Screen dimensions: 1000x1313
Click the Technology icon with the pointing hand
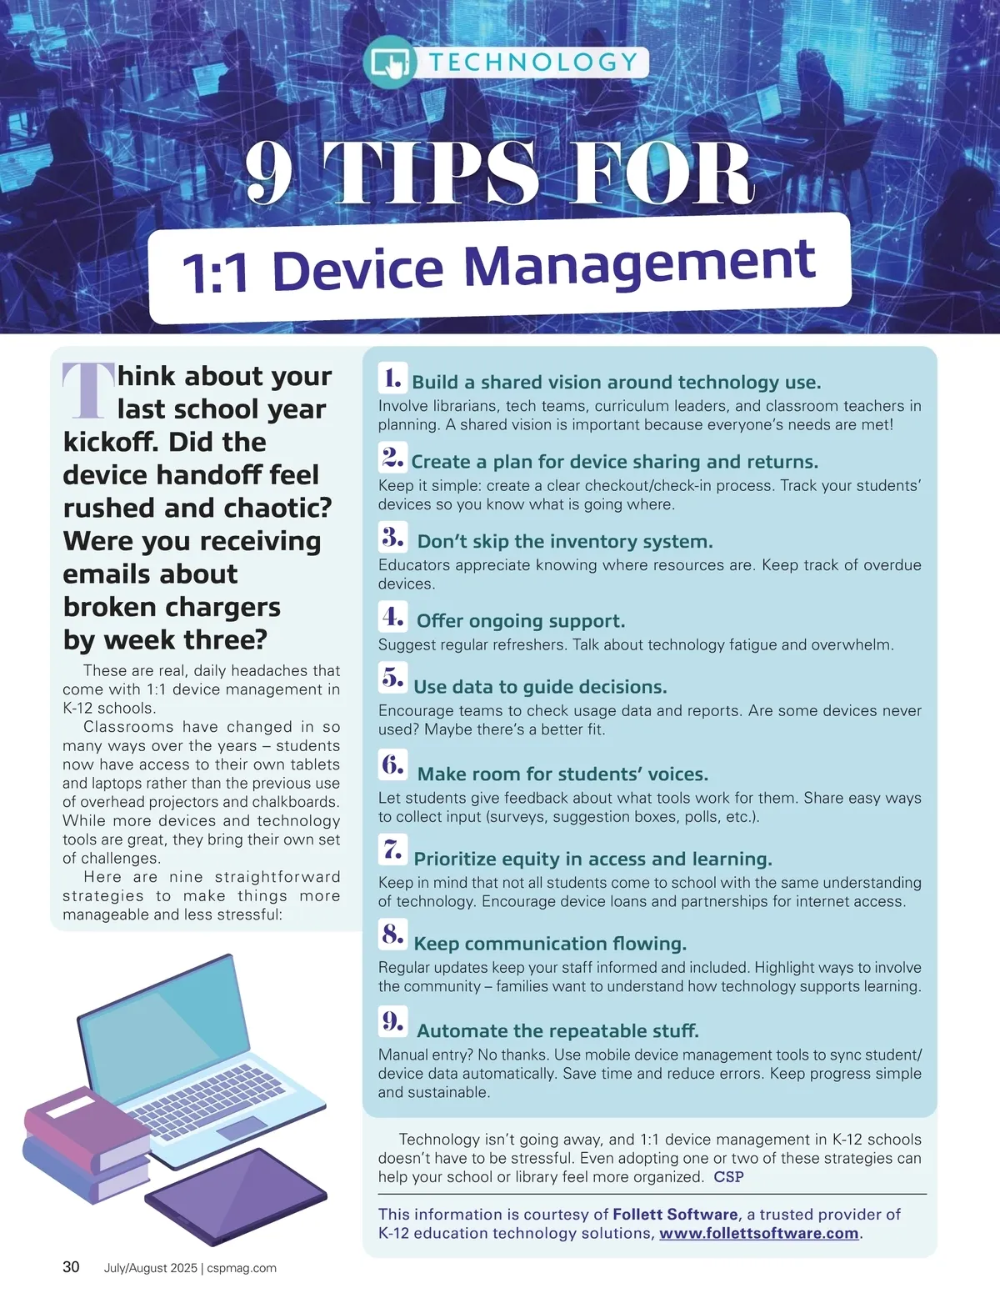(x=389, y=63)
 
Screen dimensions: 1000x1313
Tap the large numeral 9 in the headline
(x=269, y=173)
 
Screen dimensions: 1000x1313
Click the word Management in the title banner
(x=640, y=264)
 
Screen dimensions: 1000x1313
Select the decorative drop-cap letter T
(x=88, y=391)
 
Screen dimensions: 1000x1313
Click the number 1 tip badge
(x=392, y=378)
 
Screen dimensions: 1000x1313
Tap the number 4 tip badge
(x=392, y=617)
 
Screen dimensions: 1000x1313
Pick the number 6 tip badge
(x=392, y=764)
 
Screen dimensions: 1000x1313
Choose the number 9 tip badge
(x=392, y=1021)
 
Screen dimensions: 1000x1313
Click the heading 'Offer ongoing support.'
(x=521, y=621)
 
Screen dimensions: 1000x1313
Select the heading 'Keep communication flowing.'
(x=550, y=944)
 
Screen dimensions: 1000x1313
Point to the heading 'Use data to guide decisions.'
(x=540, y=687)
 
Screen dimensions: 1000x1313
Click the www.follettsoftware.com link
(x=759, y=1234)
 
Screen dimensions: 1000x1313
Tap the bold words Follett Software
(x=676, y=1215)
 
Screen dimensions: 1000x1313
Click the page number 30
(x=71, y=1267)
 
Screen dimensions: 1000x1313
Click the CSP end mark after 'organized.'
(x=728, y=1176)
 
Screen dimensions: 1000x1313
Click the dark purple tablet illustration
(x=236, y=1196)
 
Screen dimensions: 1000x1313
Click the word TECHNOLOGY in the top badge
(x=533, y=63)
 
